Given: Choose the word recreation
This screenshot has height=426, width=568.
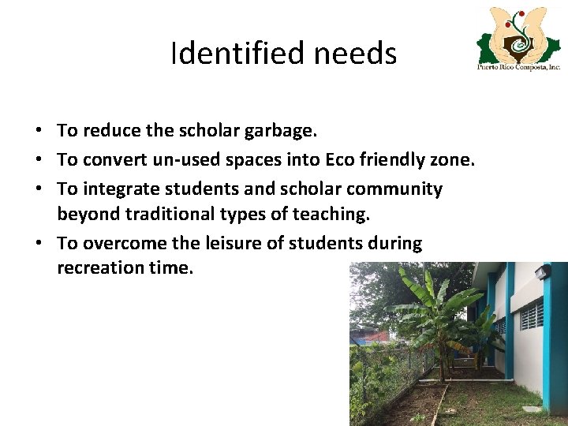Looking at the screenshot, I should click(x=100, y=267).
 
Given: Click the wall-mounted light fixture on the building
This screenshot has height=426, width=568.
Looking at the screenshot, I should click(x=542, y=272).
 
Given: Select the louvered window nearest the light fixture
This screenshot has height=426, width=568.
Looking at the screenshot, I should click(x=531, y=316).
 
